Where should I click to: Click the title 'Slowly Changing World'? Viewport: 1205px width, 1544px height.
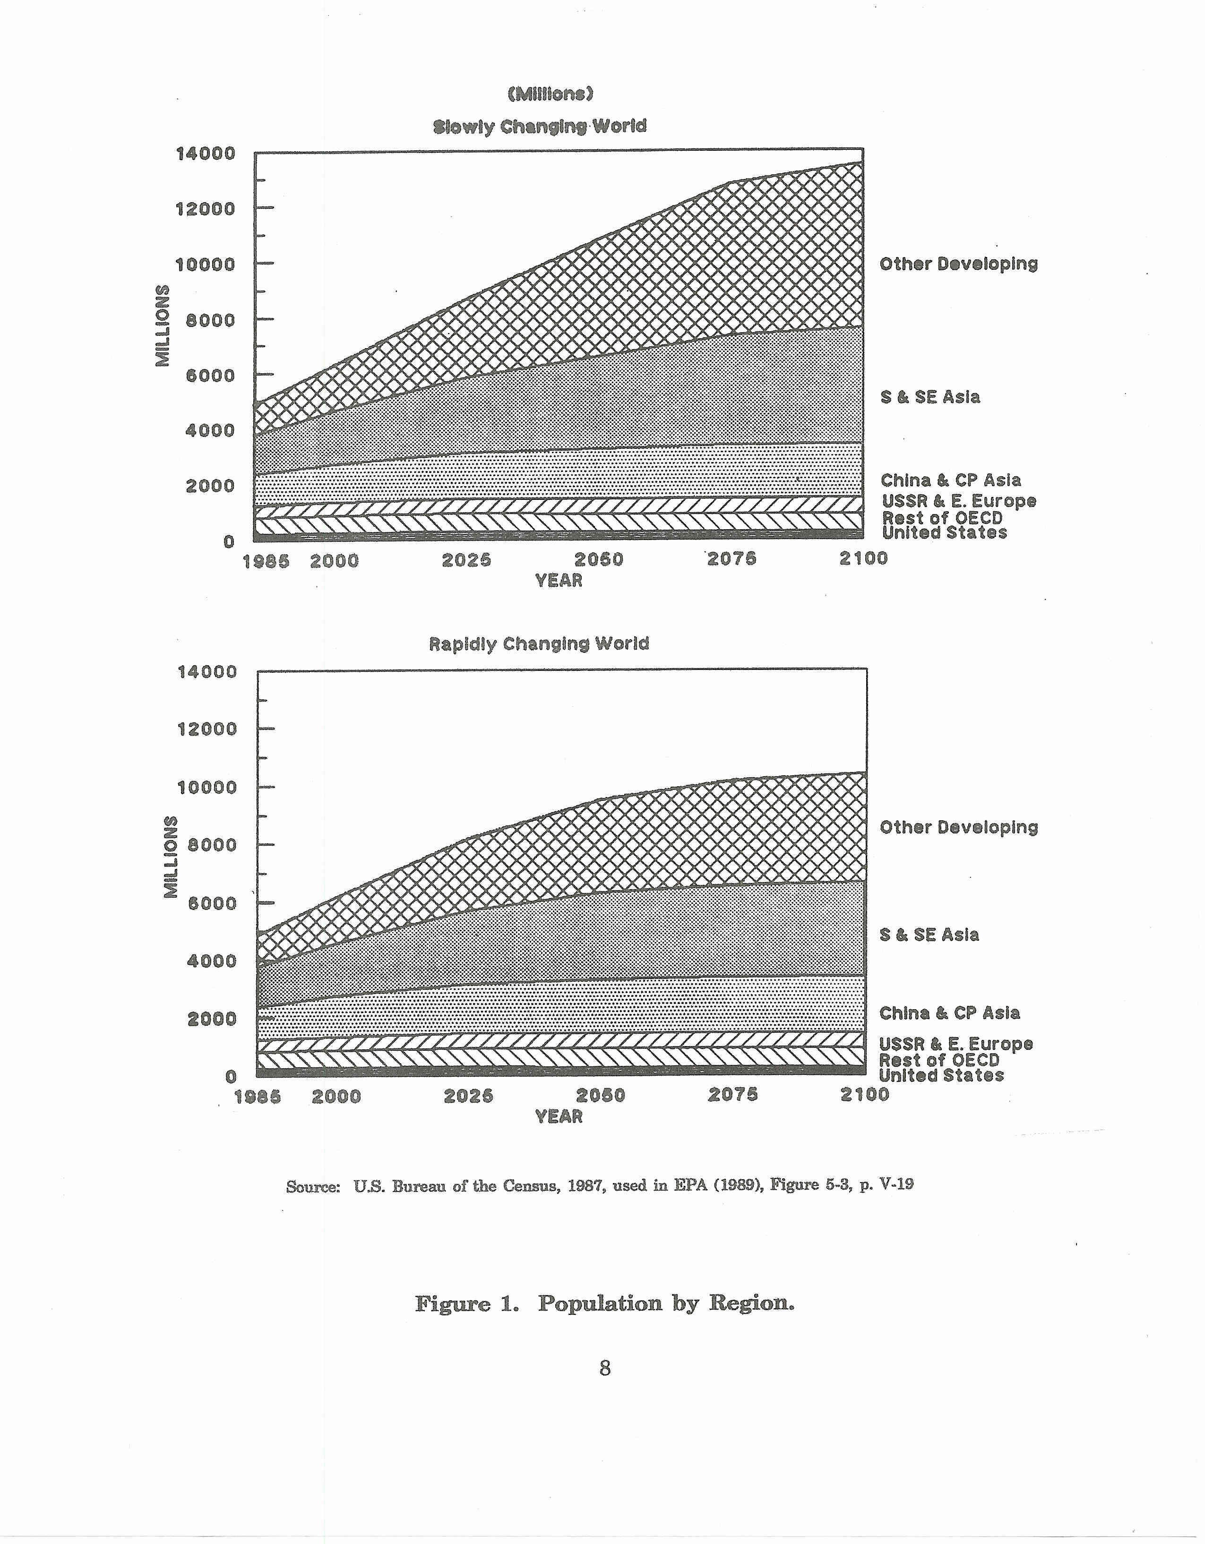[540, 127]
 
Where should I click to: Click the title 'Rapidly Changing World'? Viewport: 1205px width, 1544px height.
[539, 644]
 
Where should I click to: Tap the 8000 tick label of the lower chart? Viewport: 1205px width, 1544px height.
[211, 845]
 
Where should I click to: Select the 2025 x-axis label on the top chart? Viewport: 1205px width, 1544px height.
[466, 560]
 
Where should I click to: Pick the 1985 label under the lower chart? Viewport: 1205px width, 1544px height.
[258, 1097]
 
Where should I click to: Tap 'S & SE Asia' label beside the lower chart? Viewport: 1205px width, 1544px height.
[929, 935]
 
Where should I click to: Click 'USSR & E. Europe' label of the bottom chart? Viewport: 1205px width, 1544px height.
[956, 1044]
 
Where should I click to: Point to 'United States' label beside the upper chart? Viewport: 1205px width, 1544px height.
[944, 533]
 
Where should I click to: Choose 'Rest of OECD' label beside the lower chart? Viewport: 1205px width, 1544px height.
[939, 1060]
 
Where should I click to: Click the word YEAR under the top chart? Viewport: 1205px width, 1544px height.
[559, 580]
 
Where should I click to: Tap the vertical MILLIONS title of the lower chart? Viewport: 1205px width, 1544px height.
[171, 857]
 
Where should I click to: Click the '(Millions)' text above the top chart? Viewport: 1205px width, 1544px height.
[550, 94]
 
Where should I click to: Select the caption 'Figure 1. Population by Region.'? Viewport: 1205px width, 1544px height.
[604, 1304]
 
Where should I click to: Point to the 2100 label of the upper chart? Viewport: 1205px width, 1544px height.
[863, 558]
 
